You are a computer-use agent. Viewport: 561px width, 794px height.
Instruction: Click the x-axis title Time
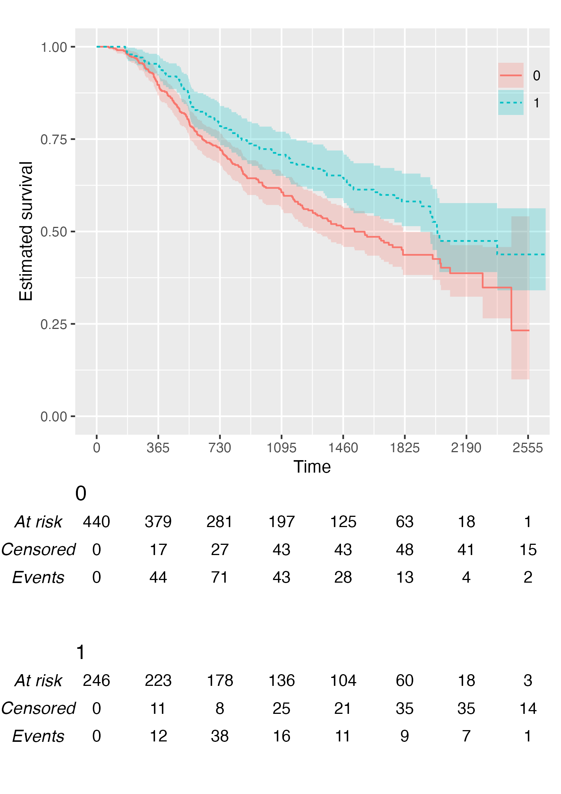[312, 467]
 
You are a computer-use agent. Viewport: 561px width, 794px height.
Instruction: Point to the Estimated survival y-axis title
[26, 231]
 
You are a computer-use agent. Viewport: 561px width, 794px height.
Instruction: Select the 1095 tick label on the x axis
[281, 448]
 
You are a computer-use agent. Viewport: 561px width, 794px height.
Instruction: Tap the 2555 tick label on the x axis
[528, 448]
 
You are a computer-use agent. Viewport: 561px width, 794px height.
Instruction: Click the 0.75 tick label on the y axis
[54, 140]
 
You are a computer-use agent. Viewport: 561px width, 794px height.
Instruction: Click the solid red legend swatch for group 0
[511, 75]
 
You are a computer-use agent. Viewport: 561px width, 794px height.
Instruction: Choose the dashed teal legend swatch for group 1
[511, 102]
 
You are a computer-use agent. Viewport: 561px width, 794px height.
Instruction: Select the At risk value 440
[96, 522]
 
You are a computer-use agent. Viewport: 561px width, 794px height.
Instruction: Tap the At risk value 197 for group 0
[281, 522]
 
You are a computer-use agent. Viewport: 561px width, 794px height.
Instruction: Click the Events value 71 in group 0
[220, 578]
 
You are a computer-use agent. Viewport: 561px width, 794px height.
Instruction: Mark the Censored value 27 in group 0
[220, 550]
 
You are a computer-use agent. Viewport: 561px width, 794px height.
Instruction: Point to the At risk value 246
[96, 681]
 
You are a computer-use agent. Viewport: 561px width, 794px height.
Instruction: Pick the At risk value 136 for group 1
[281, 681]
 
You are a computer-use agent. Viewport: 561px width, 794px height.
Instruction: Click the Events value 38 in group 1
[220, 737]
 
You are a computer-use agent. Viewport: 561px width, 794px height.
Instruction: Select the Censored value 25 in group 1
[281, 709]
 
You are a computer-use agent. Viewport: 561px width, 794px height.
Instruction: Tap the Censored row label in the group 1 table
[38, 709]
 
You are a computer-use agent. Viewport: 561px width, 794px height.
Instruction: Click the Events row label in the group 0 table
[38, 578]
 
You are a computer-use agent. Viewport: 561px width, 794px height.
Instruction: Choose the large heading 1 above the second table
[81, 653]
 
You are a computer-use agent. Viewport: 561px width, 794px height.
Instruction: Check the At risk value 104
[343, 681]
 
